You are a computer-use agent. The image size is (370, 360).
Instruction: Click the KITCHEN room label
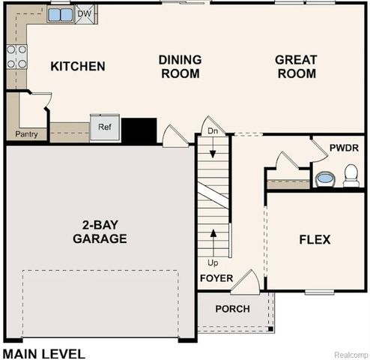pyautogui.click(x=77, y=67)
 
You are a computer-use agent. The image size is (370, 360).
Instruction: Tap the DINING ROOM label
pyautogui.click(x=179, y=67)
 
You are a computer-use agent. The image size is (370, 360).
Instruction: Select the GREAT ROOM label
pyautogui.click(x=295, y=67)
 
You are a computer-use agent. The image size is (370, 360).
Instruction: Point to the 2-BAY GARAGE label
pyautogui.click(x=100, y=232)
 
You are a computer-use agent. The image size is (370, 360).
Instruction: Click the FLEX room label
pyautogui.click(x=315, y=240)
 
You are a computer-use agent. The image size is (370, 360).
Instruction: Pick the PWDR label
pyautogui.click(x=344, y=148)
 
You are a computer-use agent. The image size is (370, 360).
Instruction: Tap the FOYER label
pyautogui.click(x=216, y=278)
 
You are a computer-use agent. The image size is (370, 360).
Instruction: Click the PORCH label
pyautogui.click(x=232, y=309)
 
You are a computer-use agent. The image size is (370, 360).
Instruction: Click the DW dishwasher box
pyautogui.click(x=85, y=13)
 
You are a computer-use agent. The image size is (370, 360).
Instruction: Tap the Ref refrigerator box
pyautogui.click(x=104, y=127)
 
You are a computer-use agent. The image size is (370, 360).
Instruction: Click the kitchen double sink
pyautogui.click(x=61, y=14)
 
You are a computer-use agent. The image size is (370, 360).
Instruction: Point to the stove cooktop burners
pyautogui.click(x=16, y=55)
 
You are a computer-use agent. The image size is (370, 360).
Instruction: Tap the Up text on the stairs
pyautogui.click(x=213, y=263)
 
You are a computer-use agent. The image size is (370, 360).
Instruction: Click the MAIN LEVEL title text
pyautogui.click(x=43, y=352)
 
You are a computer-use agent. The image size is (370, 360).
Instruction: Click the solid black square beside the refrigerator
pyautogui.click(x=139, y=130)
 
